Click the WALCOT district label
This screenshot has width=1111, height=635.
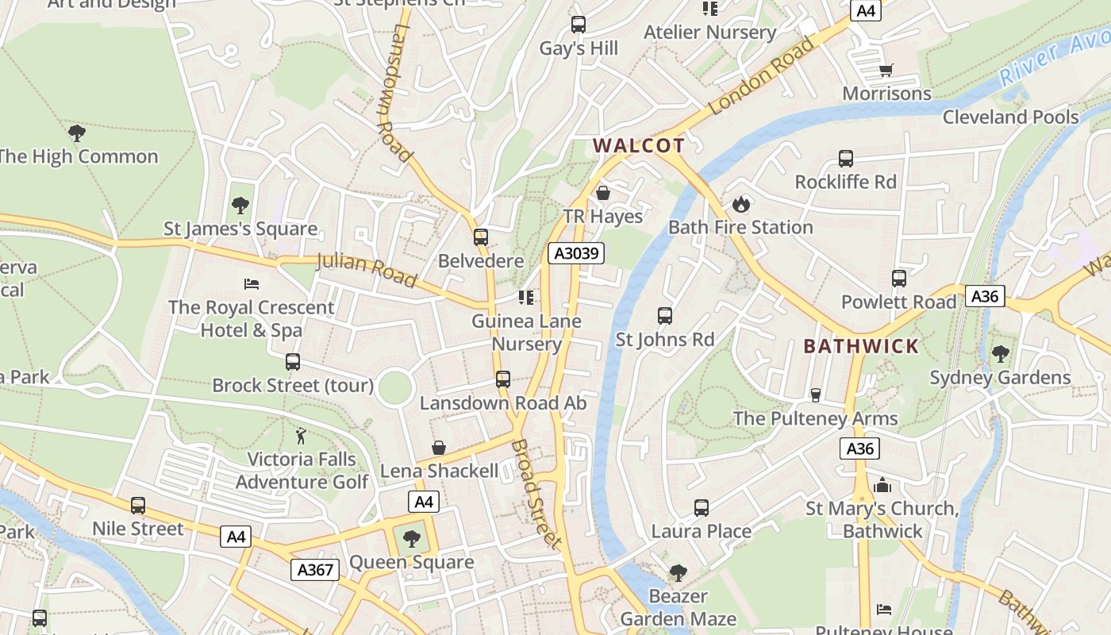point(639,146)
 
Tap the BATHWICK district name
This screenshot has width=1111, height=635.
point(861,346)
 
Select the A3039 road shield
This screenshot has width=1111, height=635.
point(576,253)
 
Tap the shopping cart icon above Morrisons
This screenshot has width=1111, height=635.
point(886,70)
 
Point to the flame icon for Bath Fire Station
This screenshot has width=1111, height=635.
point(740,205)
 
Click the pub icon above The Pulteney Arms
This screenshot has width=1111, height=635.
point(815,395)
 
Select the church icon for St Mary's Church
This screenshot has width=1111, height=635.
point(882,485)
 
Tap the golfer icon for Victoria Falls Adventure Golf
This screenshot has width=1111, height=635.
point(301,436)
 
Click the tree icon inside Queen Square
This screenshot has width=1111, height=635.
point(411,540)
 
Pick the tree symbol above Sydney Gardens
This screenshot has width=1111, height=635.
point(1000,354)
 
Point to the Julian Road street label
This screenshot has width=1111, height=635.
point(366,270)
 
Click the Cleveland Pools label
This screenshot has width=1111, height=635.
point(1010,117)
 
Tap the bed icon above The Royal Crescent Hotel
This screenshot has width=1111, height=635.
point(252,284)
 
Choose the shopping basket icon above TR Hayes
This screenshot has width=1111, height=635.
point(602,193)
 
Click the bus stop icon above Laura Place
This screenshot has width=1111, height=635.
point(701,508)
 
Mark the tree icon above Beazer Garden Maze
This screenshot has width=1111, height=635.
point(678,572)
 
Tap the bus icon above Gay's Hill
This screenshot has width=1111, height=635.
point(579,25)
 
